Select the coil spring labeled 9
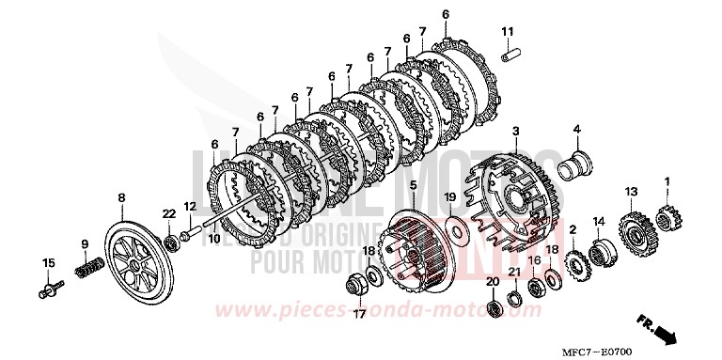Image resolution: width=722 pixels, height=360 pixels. tap(86, 271)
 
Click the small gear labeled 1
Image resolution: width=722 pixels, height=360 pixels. tap(668, 222)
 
